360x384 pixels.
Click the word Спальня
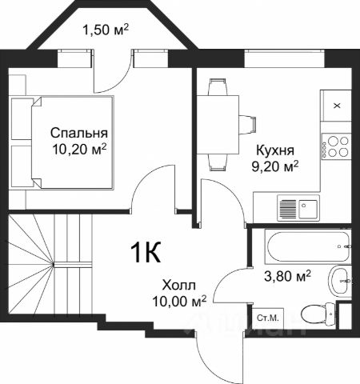point(79,133)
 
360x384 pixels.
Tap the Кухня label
point(275,150)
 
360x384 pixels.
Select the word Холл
point(179,285)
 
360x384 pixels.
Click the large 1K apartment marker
point(146,252)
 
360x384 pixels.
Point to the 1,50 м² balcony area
point(106,30)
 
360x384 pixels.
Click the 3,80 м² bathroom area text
point(287,276)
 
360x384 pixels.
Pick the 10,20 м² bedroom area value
point(79,149)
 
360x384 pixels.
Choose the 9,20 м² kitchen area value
point(275,166)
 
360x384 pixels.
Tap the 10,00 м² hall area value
point(179,301)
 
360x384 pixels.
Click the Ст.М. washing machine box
point(268,318)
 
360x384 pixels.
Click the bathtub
point(307,246)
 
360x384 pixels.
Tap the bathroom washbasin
point(340,281)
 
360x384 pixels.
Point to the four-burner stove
point(336,146)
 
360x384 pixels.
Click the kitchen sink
point(298,208)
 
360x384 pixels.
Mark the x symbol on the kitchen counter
point(338,106)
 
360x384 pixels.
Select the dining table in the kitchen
point(218,125)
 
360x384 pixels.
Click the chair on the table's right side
point(247,125)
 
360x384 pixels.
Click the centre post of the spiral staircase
point(54,265)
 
